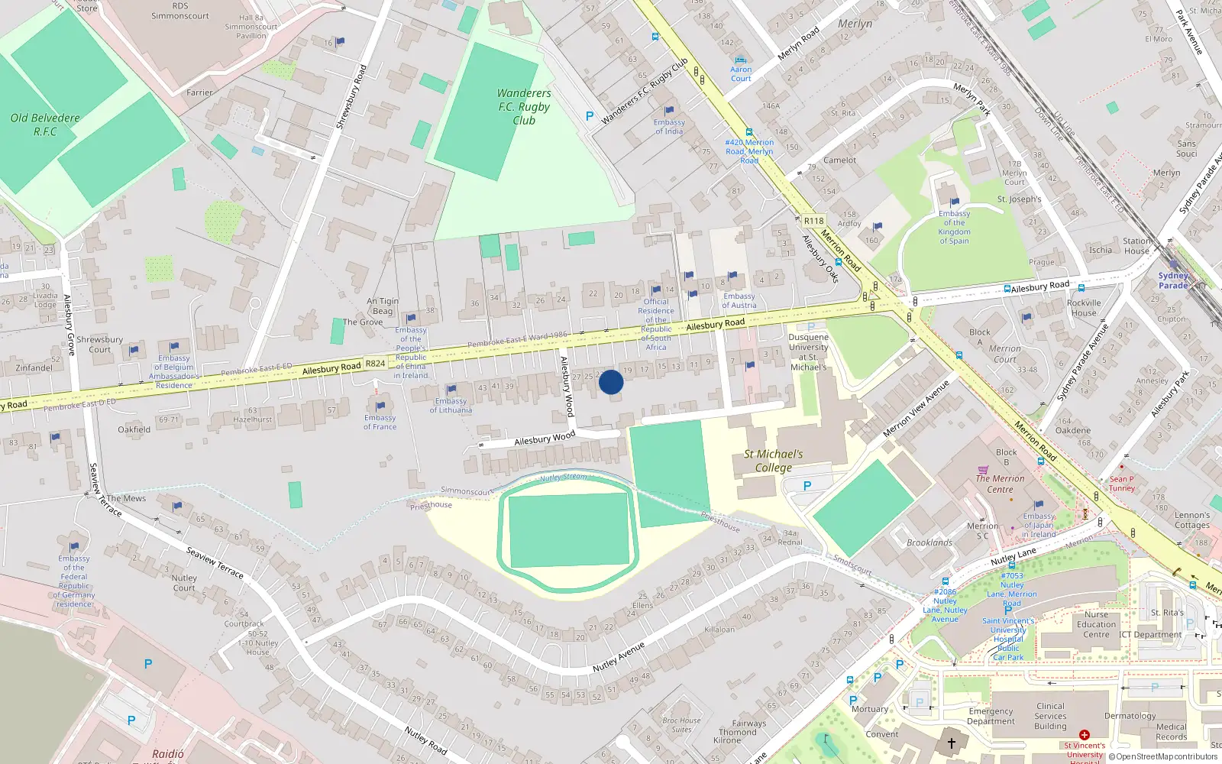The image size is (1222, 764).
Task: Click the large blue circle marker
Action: pos(611,382)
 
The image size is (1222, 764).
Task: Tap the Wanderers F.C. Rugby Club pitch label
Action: pos(524,107)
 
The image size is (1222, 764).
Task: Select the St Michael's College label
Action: pos(774,461)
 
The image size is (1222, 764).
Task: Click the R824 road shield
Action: pos(375,364)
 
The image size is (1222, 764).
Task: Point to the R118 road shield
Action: pos(814,221)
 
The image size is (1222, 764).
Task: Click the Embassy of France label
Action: pos(380,422)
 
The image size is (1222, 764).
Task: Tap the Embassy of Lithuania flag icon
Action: pos(451,390)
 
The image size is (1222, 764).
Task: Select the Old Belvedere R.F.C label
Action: pos(45,125)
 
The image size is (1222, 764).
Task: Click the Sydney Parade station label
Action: pos(1173,280)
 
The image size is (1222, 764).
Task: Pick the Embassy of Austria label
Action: pos(739,300)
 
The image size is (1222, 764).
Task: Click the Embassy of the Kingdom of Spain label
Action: pos(954,227)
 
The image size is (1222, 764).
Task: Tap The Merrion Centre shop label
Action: pos(1000,484)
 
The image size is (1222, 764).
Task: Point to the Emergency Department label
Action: pos(991,716)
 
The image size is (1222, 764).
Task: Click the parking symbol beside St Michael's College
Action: pos(807,486)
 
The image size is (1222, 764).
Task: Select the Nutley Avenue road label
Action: pos(619,657)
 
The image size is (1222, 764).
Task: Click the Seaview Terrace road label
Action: pos(215,562)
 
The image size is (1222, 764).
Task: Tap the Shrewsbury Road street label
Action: pos(351,96)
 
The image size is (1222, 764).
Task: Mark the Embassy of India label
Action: pos(669,127)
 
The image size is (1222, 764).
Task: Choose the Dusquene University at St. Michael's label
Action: pos(808,352)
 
